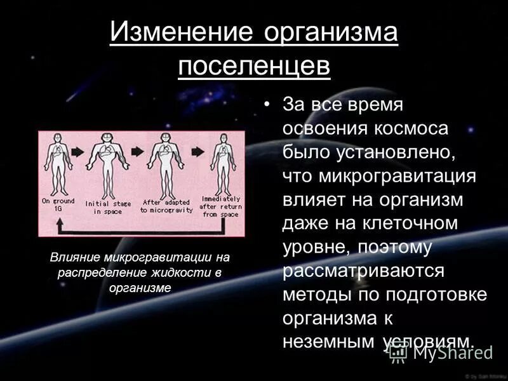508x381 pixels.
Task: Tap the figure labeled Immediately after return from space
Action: point(222,164)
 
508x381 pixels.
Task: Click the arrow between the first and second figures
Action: point(78,153)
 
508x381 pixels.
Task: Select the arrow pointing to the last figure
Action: point(197,152)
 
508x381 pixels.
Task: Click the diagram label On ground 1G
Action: point(58,204)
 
